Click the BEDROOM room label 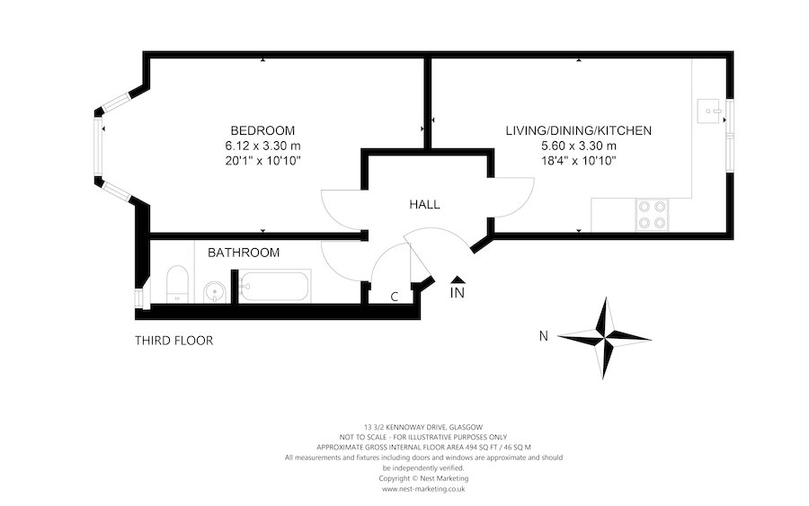click(262, 130)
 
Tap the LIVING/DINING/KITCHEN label click(578, 130)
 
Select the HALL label click(424, 205)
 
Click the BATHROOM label click(244, 253)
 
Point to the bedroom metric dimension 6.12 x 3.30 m click(262, 146)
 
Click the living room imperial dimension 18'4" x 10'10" click(578, 161)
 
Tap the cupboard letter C click(394, 297)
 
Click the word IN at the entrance click(458, 293)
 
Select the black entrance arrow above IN click(458, 280)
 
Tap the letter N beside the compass click(543, 337)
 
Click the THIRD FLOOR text click(173, 341)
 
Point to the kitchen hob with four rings click(652, 213)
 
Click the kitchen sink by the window click(711, 113)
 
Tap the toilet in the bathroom click(176, 284)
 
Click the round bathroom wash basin click(214, 290)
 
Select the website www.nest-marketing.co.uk click(423, 489)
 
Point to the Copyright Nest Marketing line click(423, 478)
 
